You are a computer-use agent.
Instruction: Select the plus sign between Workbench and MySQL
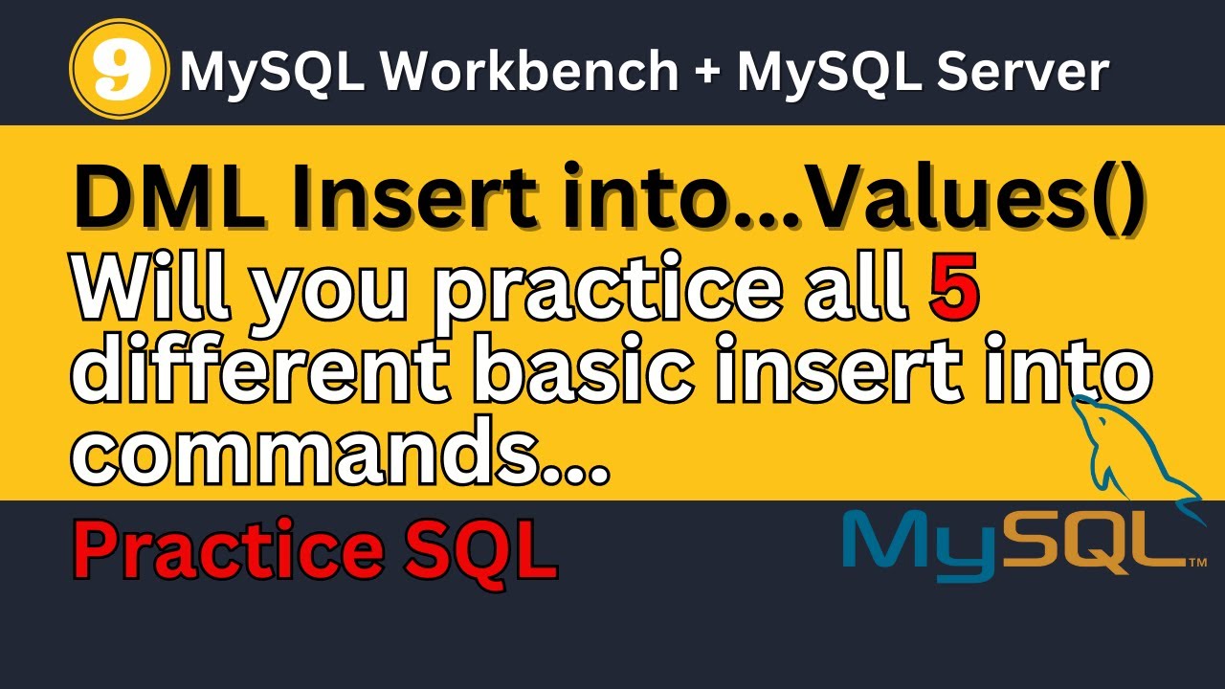[706, 73]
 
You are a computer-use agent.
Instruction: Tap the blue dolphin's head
[1084, 406]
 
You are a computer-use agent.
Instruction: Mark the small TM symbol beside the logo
[1196, 564]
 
